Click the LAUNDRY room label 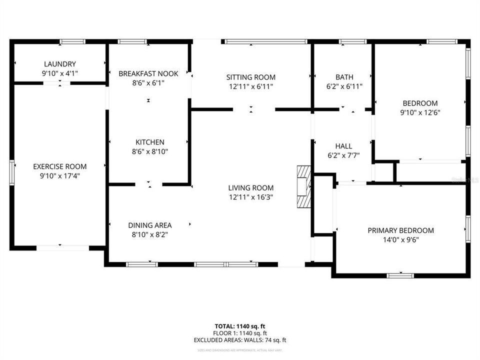[60, 64]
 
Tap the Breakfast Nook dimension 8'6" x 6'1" [148, 83]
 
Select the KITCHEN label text [148, 142]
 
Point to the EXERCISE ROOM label [60, 166]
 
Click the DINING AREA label [150, 225]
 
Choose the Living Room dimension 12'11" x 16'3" [251, 197]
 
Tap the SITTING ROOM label [251, 77]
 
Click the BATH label [344, 77]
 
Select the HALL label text [343, 146]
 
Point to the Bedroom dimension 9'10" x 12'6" [420, 112]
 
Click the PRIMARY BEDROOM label [401, 230]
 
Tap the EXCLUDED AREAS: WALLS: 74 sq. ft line [240, 340]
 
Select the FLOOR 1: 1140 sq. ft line [240, 332]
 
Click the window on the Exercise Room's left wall [12, 172]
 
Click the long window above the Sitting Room [265, 41]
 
